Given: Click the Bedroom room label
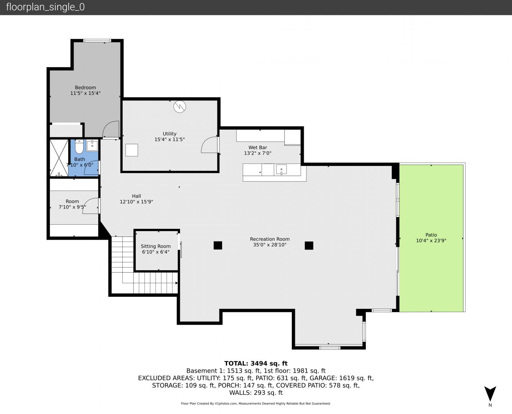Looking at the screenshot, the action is (85, 87).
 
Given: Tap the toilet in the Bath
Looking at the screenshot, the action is (79, 146).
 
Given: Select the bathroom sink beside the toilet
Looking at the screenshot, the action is (92, 146).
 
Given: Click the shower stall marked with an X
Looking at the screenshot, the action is (59, 158).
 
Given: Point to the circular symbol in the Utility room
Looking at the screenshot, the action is (179, 107).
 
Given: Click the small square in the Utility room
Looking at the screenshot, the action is (132, 150).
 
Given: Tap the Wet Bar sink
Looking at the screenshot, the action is (281, 169).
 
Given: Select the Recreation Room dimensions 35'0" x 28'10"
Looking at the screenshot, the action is (270, 245).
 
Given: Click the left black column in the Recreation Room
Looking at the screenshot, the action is (218, 245).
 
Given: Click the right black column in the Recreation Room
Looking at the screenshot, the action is (309, 246).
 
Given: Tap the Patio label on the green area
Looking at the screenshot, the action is (431, 235).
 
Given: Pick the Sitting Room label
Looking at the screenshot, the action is (156, 246).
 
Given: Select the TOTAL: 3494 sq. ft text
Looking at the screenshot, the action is (256, 363).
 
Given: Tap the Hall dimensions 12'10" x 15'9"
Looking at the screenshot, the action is (136, 202).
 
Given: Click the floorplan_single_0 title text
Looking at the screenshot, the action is (45, 7).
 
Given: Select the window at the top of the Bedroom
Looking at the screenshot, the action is (97, 41).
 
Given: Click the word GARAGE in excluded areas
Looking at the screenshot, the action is (323, 378).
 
